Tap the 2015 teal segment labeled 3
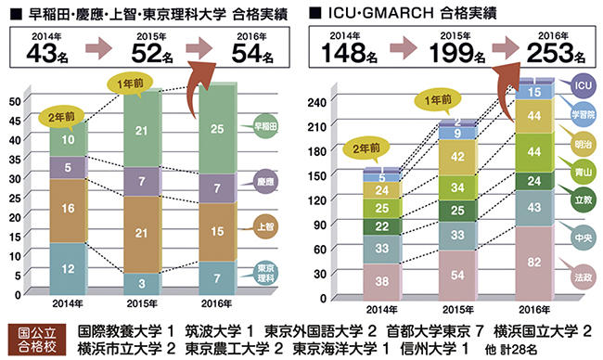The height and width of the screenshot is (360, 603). (x=142, y=280)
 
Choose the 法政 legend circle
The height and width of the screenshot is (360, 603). (x=583, y=276)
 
